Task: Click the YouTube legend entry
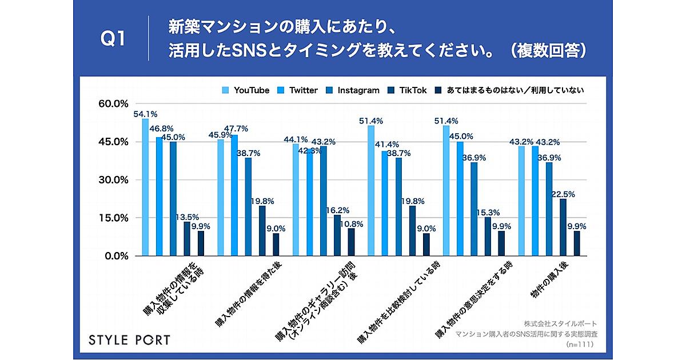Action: point(245,90)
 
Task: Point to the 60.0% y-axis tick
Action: point(113,104)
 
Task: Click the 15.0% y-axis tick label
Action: point(113,218)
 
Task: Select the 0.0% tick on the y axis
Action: point(116,256)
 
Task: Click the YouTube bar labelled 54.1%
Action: point(145,187)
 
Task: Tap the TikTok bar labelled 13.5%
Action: point(187,239)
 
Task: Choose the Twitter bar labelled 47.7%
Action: point(234,195)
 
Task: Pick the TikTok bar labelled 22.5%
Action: point(563,227)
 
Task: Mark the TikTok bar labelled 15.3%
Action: point(488,237)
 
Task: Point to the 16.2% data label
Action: point(337,210)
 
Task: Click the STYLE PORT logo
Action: point(129,340)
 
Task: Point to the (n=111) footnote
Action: point(579,345)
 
